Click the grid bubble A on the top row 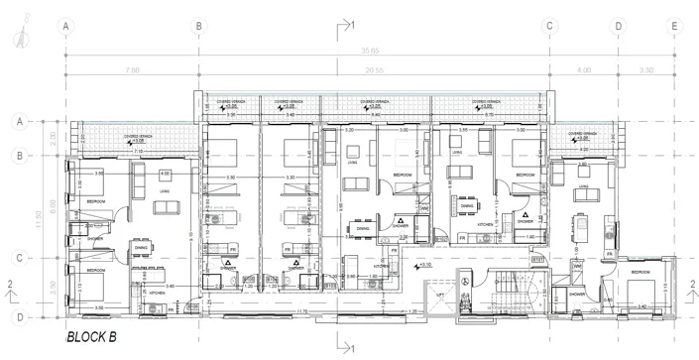pyautogui.click(x=66, y=27)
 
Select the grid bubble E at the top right pyautogui.click(x=673, y=27)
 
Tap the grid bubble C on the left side pyautogui.click(x=18, y=258)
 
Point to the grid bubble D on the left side pyautogui.click(x=18, y=316)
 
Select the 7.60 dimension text pyautogui.click(x=133, y=70)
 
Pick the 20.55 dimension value pyautogui.click(x=373, y=70)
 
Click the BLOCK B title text pyautogui.click(x=91, y=338)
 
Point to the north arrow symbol pyautogui.click(x=22, y=40)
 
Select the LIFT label pyautogui.click(x=440, y=295)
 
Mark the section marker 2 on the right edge pyautogui.click(x=687, y=287)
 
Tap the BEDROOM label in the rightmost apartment pyautogui.click(x=640, y=271)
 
